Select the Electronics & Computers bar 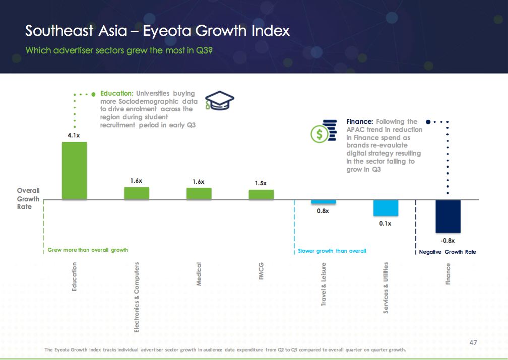137,193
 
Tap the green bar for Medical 199,193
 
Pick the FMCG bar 261,194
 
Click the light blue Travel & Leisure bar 323,201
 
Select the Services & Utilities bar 386,208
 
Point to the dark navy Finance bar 448,216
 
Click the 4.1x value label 74,135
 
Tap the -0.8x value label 448,241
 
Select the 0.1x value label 386,223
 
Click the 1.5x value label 261,183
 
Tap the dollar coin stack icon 323,130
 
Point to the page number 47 473,342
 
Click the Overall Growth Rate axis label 28,198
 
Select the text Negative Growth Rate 448,252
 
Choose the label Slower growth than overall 332,251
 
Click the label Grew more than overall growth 88,250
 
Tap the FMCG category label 261,272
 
